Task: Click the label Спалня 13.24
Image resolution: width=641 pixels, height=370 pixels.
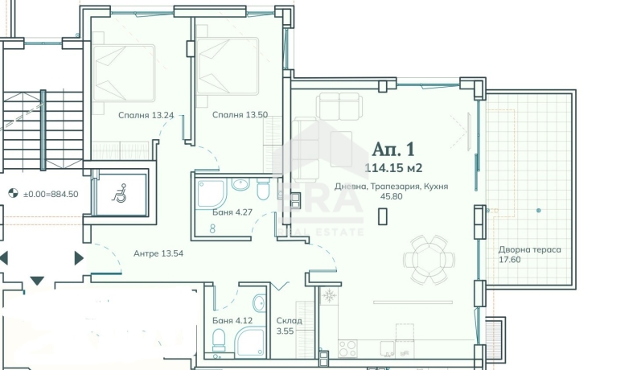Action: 146,115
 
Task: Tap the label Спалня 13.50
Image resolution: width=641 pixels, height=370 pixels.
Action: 240,115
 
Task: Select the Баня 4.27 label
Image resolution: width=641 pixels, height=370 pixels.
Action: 232,212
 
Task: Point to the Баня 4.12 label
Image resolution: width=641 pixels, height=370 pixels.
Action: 232,320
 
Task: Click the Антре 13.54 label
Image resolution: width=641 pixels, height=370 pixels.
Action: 158,253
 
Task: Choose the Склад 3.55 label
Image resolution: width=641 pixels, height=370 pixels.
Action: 289,326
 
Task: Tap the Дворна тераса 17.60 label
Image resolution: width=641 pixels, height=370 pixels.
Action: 529,254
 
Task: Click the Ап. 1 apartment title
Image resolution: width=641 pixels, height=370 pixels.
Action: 393,150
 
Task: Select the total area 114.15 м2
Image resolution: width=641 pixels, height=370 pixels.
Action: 393,168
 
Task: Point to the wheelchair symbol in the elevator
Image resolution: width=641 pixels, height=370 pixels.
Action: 119,193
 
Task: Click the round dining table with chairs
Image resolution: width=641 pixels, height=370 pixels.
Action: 429,259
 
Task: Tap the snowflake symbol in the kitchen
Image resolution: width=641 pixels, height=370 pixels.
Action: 329,295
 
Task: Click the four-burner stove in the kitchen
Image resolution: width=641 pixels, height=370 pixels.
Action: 347,349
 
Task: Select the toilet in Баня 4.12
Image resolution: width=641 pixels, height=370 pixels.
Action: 219,340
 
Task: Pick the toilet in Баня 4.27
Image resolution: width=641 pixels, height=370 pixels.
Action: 263,188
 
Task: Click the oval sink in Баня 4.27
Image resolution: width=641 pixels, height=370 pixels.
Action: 240,184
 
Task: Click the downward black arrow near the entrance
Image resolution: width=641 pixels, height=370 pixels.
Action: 37,281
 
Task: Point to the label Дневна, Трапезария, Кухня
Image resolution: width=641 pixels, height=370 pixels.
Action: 391,187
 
